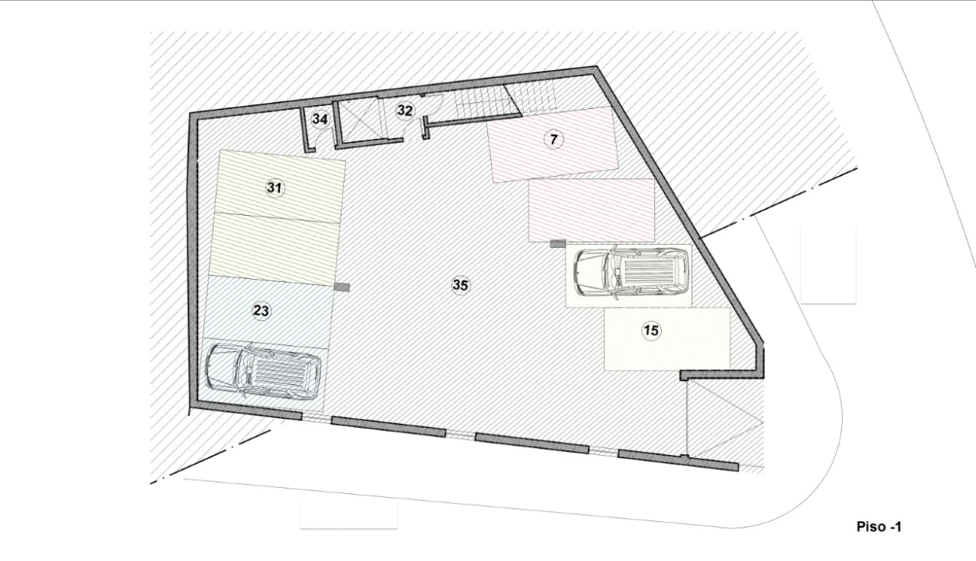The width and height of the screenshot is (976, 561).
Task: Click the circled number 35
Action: click(x=460, y=285)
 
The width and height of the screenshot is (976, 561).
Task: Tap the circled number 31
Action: click(x=274, y=188)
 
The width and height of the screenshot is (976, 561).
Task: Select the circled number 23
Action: click(x=261, y=311)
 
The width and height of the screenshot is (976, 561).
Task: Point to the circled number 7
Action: click(x=553, y=139)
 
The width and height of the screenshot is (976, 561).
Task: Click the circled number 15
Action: click(x=651, y=330)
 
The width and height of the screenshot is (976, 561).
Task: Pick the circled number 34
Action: click(x=320, y=119)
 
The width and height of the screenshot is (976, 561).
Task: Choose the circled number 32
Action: click(x=404, y=111)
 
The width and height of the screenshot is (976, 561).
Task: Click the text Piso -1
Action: click(x=879, y=527)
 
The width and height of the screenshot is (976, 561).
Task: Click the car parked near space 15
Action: click(x=631, y=273)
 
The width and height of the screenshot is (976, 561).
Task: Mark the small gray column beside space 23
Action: click(x=341, y=287)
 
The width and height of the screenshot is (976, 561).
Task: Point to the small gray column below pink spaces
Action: click(x=557, y=244)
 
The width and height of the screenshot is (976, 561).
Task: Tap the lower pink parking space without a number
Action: click(x=590, y=210)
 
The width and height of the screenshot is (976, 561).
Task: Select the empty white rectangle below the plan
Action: click(x=348, y=516)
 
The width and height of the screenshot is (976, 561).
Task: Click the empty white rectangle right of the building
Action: click(x=828, y=263)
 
